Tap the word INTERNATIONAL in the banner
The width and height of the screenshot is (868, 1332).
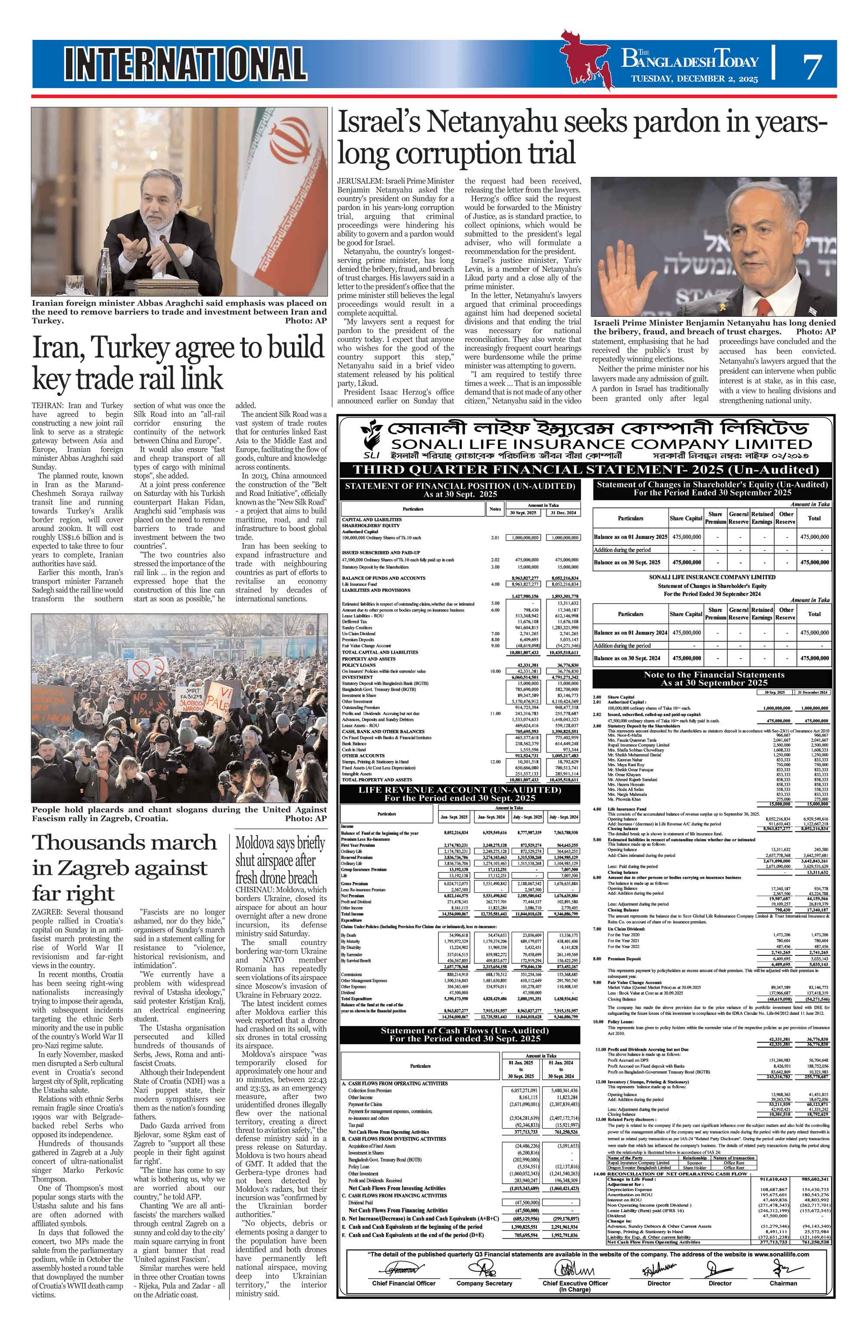[x=185, y=64]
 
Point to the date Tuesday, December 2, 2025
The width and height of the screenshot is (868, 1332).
[x=694, y=79]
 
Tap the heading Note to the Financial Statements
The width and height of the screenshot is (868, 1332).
[x=713, y=674]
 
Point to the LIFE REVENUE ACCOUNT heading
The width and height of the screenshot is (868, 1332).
[x=459, y=790]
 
